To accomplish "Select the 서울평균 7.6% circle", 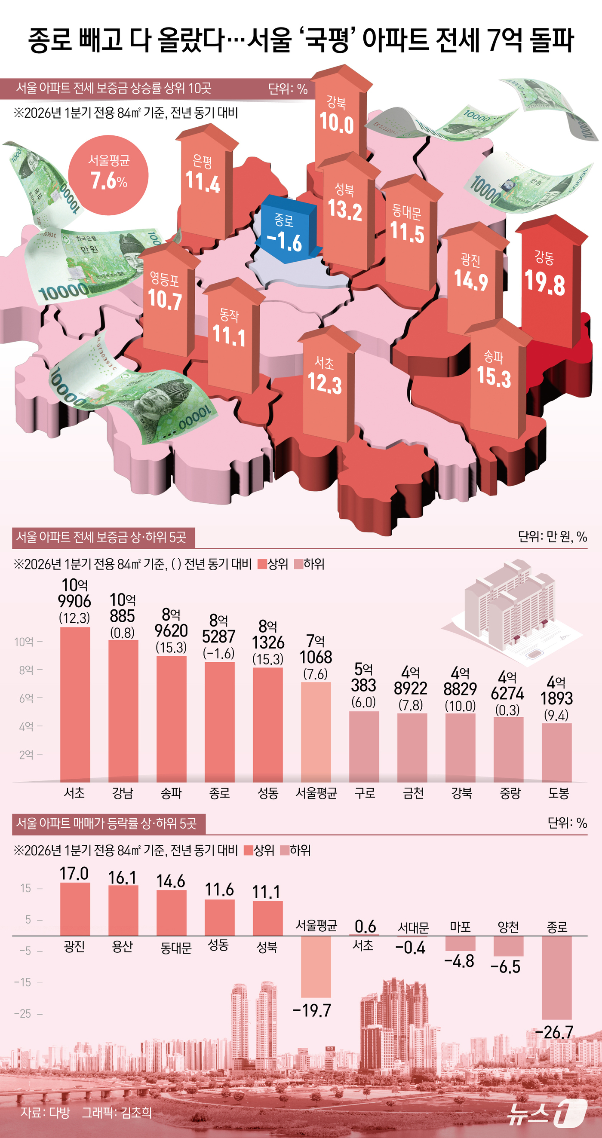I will pyautogui.click(x=108, y=175).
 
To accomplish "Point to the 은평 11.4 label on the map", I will pyautogui.click(x=203, y=174).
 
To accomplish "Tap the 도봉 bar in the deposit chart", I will pyautogui.click(x=556, y=753).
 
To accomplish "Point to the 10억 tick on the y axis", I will pyautogui.click(x=25, y=642).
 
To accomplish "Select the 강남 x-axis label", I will pyautogui.click(x=123, y=793).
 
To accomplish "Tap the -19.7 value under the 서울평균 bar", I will pyautogui.click(x=312, y=1010).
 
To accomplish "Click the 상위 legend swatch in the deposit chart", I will pyautogui.click(x=262, y=564).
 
